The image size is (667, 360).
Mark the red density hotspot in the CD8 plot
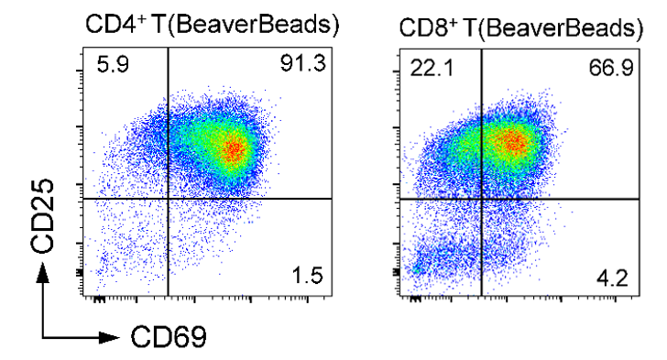pyautogui.click(x=514, y=140)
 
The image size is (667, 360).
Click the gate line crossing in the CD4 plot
pyautogui.click(x=169, y=199)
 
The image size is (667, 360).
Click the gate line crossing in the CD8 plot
pyautogui.click(x=482, y=199)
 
